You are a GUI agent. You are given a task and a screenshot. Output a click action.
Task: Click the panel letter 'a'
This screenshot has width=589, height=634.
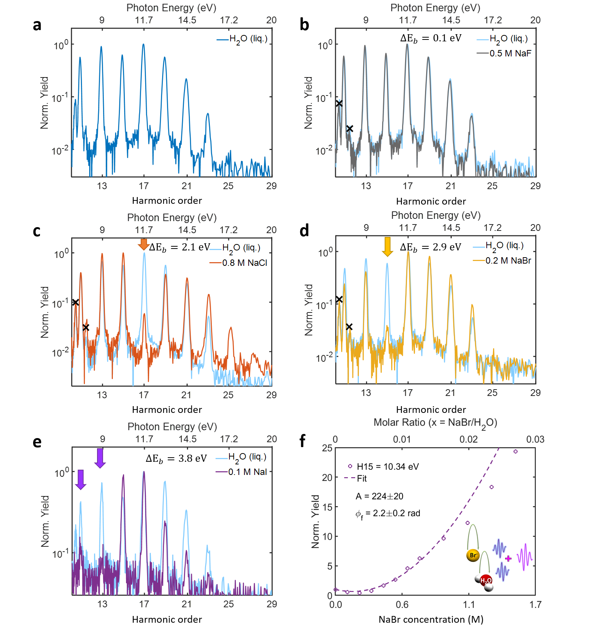37,25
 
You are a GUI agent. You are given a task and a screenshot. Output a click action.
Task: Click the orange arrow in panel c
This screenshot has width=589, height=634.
143,244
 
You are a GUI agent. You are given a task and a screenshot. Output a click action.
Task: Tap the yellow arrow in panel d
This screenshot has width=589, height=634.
387,246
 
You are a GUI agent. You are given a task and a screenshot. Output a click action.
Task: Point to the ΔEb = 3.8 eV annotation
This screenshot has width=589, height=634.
176,459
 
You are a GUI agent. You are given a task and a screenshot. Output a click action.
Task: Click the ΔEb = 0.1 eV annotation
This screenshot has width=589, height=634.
431,38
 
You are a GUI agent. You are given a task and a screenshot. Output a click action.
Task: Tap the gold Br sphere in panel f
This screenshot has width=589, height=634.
473,555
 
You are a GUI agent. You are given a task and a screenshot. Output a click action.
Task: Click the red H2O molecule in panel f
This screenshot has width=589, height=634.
486,581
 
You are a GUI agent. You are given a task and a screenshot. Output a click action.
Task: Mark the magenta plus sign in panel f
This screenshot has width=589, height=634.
509,558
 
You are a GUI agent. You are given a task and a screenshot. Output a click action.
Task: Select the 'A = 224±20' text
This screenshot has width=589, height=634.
380,496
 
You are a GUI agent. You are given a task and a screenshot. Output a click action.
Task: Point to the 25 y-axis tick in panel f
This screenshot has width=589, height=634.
327,448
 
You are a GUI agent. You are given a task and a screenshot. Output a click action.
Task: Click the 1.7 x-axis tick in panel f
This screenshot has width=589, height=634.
535,605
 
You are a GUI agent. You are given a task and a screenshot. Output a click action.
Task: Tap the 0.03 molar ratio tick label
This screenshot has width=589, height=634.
535,439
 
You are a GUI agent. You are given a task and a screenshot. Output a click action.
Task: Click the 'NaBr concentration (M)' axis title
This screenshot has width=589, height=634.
431,620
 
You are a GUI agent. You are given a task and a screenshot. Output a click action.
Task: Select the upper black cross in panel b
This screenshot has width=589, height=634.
339,103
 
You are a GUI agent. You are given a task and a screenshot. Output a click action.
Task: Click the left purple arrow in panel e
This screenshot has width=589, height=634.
80,479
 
